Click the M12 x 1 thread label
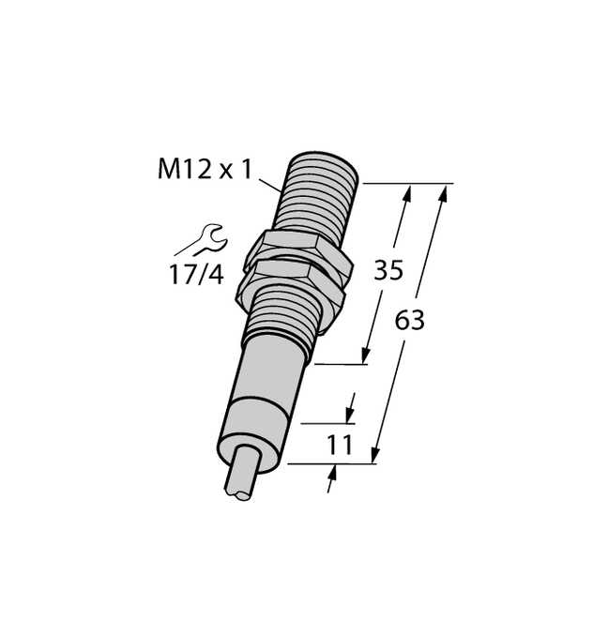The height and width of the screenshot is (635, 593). [208, 170]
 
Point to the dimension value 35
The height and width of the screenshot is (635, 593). [388, 271]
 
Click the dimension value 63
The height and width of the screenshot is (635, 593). [409, 321]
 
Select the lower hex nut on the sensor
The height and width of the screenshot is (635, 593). [296, 276]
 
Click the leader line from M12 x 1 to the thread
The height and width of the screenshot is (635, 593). [270, 183]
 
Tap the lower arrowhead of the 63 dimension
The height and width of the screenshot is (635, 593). [376, 456]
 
